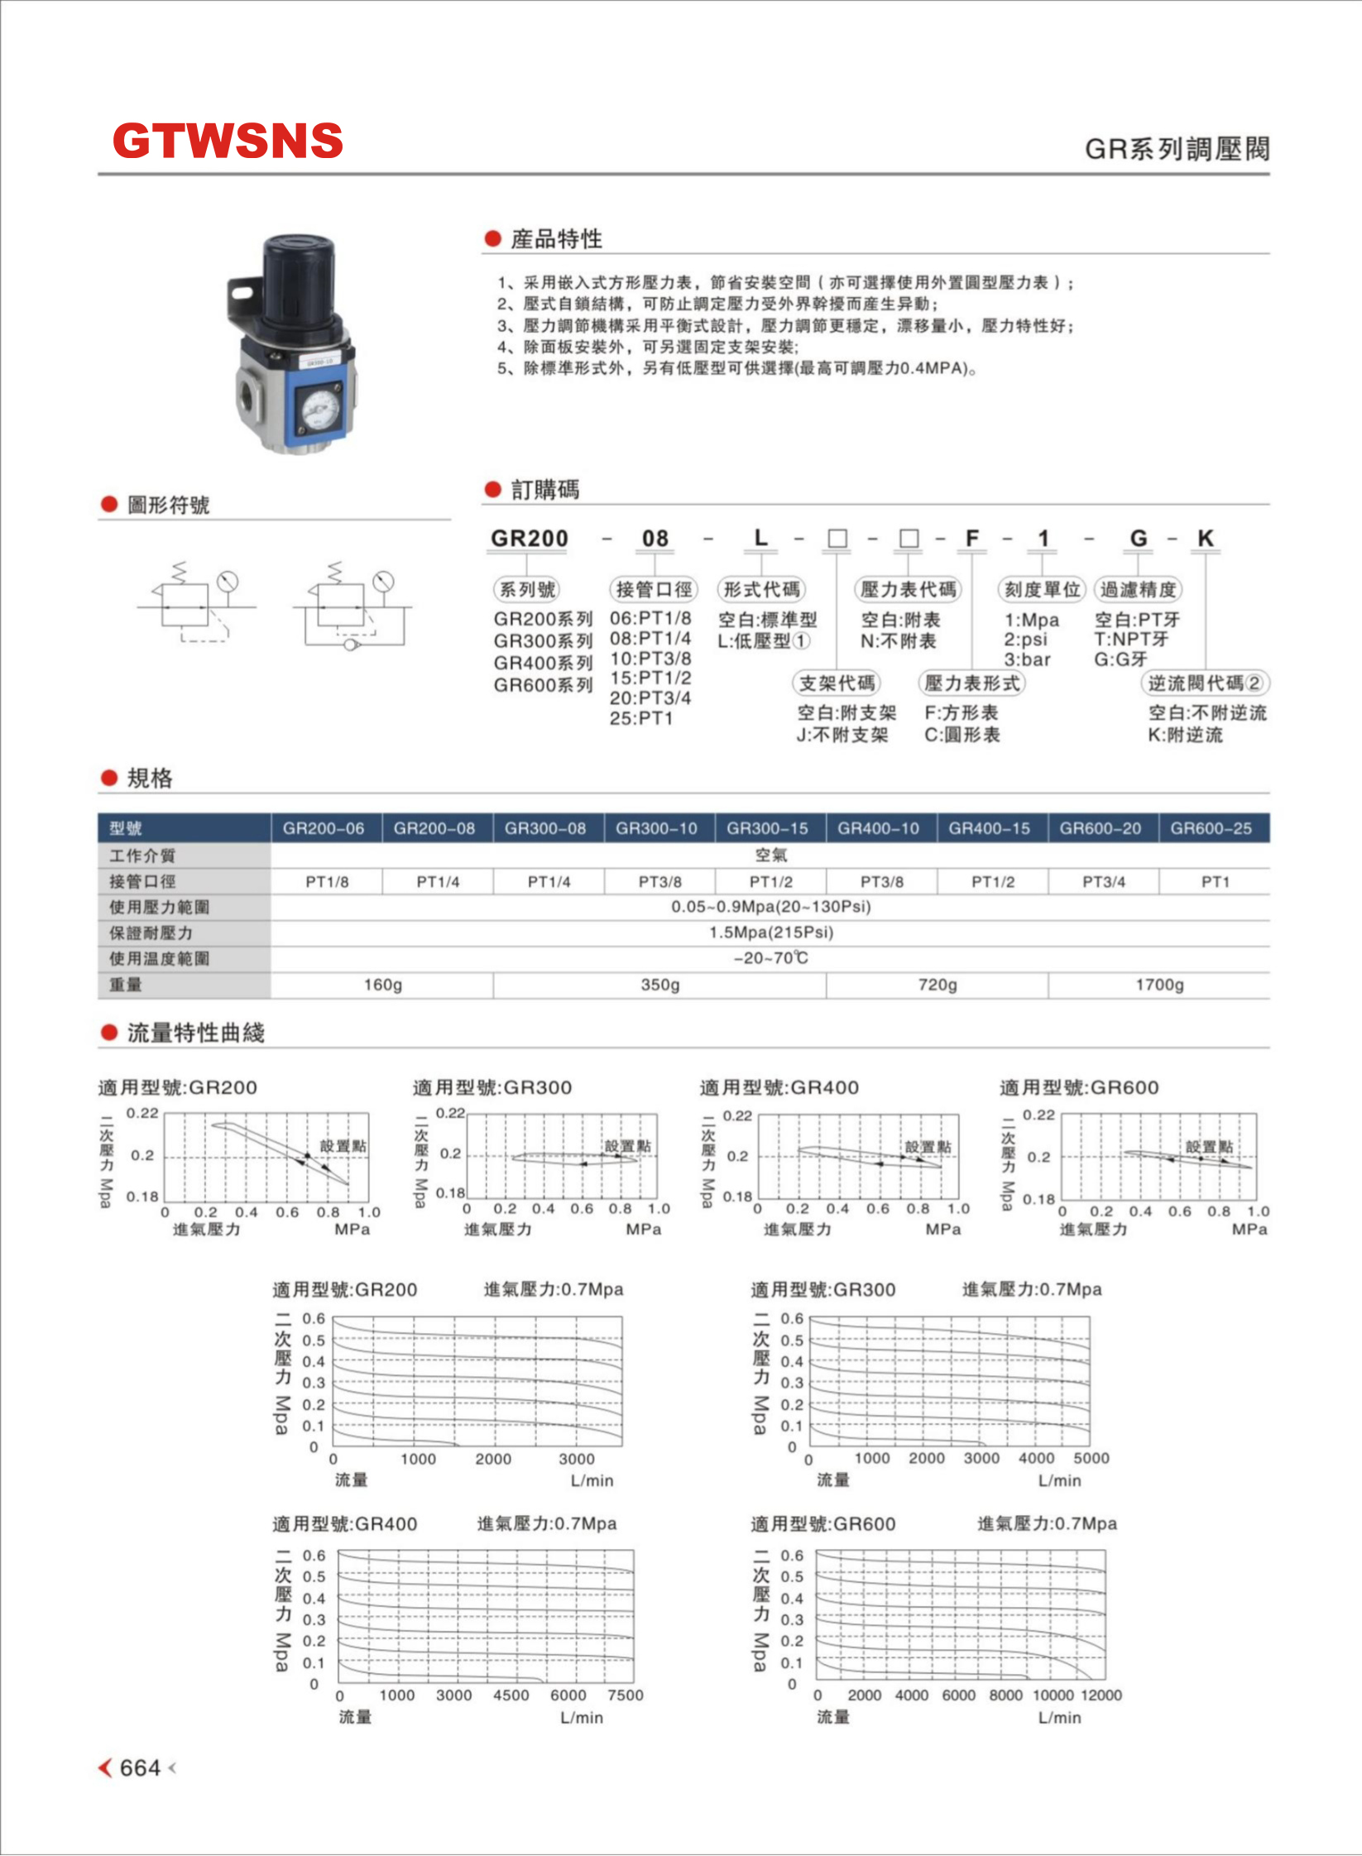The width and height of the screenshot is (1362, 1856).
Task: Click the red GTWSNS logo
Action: (x=228, y=141)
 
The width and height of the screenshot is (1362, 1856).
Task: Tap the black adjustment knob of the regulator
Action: (x=299, y=274)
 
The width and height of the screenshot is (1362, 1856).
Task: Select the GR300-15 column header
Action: (x=767, y=828)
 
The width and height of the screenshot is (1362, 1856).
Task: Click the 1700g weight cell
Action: (x=1158, y=985)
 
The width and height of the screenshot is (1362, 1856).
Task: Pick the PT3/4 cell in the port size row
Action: (x=1103, y=882)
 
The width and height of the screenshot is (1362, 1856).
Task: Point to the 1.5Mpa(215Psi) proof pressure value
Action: (x=770, y=933)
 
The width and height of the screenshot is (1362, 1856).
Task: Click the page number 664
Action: (x=140, y=1767)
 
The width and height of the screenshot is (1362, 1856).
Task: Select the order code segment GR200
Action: (x=530, y=539)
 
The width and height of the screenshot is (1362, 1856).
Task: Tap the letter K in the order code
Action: (x=1205, y=539)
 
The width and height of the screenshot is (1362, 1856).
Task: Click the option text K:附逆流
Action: (x=1185, y=735)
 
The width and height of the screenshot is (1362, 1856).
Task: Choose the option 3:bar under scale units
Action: (x=1027, y=659)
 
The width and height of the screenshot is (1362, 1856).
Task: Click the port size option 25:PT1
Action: (x=641, y=718)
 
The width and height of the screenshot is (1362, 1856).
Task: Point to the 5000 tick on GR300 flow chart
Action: (x=1091, y=1458)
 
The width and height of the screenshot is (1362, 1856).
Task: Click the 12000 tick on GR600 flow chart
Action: (x=1101, y=1695)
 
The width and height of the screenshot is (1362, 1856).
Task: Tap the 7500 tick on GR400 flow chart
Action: (x=625, y=1695)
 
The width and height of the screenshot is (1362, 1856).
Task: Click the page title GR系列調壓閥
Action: (x=1177, y=149)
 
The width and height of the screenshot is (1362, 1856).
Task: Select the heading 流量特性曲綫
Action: (x=195, y=1033)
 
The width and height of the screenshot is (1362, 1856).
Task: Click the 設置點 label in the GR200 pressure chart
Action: (x=343, y=1146)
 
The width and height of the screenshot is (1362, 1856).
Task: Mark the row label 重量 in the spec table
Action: (x=126, y=985)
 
